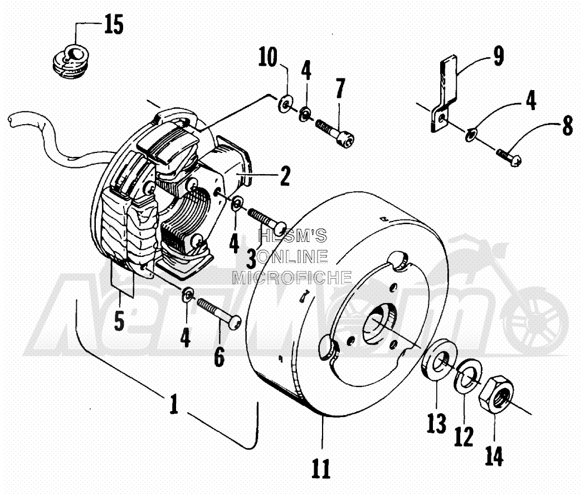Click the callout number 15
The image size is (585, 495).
coord(114,26)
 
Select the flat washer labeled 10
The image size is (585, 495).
coord(285,104)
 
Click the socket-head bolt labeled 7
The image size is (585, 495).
coord(335,132)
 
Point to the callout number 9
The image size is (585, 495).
coord(499,56)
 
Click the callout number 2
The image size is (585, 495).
coord(285,176)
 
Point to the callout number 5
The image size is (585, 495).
coord(119,321)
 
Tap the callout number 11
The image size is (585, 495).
coord(321,468)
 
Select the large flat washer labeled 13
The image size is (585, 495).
coord(437,359)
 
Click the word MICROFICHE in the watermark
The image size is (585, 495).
coord(292,278)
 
